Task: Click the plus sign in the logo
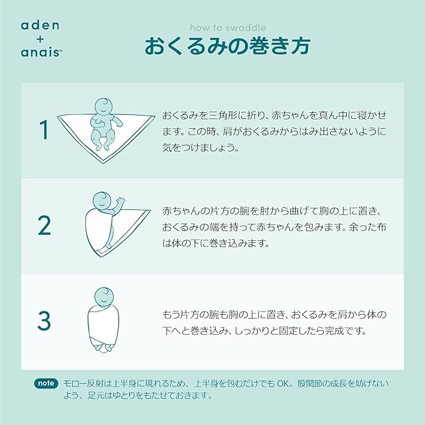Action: [x=40, y=39]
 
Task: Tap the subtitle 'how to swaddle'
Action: [x=228, y=27]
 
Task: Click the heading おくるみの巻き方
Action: [x=227, y=46]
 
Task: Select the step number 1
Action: [x=44, y=130]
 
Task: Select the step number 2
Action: [x=44, y=226]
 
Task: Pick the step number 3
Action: [x=44, y=320]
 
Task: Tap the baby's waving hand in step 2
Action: [x=120, y=201]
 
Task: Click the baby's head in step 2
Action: [x=102, y=201]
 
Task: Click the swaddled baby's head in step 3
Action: [x=104, y=297]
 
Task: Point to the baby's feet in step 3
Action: [x=104, y=347]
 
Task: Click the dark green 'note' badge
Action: [x=46, y=384]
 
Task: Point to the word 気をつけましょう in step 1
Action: [x=201, y=147]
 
